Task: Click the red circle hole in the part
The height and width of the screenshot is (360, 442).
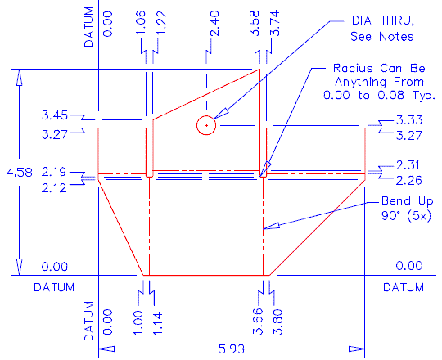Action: point(205,125)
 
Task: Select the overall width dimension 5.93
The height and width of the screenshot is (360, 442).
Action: point(228,348)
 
